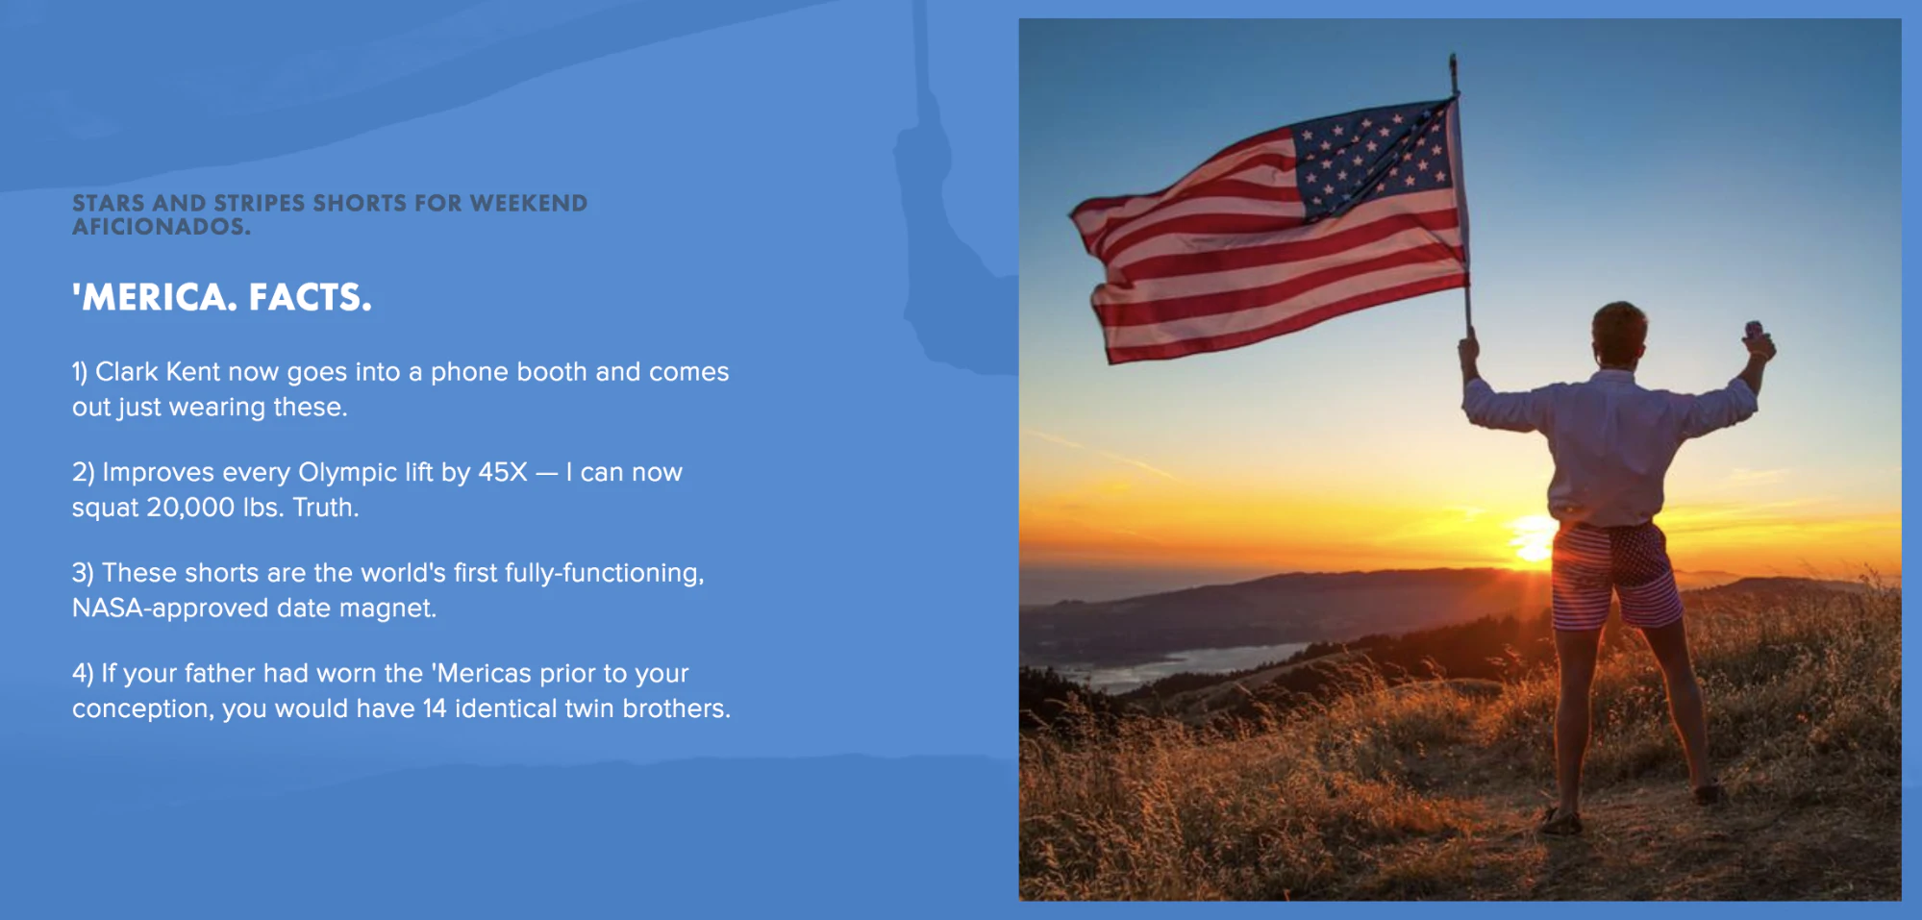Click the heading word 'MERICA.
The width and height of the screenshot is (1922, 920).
click(155, 297)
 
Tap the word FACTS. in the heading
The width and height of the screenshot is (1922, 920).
click(310, 297)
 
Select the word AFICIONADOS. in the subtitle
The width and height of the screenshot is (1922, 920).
click(162, 227)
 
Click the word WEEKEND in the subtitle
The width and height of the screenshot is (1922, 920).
click(529, 203)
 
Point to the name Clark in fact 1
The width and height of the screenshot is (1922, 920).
click(127, 371)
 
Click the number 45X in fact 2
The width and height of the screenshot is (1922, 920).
click(503, 472)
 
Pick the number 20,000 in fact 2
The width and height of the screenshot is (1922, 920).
click(190, 508)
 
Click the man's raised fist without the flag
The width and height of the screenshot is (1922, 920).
click(1758, 339)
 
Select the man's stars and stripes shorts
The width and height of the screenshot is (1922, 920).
click(1615, 575)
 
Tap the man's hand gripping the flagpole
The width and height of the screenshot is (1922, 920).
click(1468, 352)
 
